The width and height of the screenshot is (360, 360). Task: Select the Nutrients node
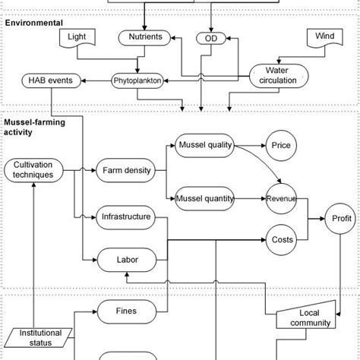point(144,37)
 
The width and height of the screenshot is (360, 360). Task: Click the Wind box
point(325,37)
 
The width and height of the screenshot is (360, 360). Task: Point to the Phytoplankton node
point(138,79)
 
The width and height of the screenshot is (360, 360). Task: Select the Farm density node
point(127,170)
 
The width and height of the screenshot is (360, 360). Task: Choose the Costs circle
point(282,240)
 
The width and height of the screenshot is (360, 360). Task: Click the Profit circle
point(342,219)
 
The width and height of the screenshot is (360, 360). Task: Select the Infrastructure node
point(127,218)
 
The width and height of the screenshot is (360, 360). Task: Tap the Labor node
point(127,260)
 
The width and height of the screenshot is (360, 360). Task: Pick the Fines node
point(127,309)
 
